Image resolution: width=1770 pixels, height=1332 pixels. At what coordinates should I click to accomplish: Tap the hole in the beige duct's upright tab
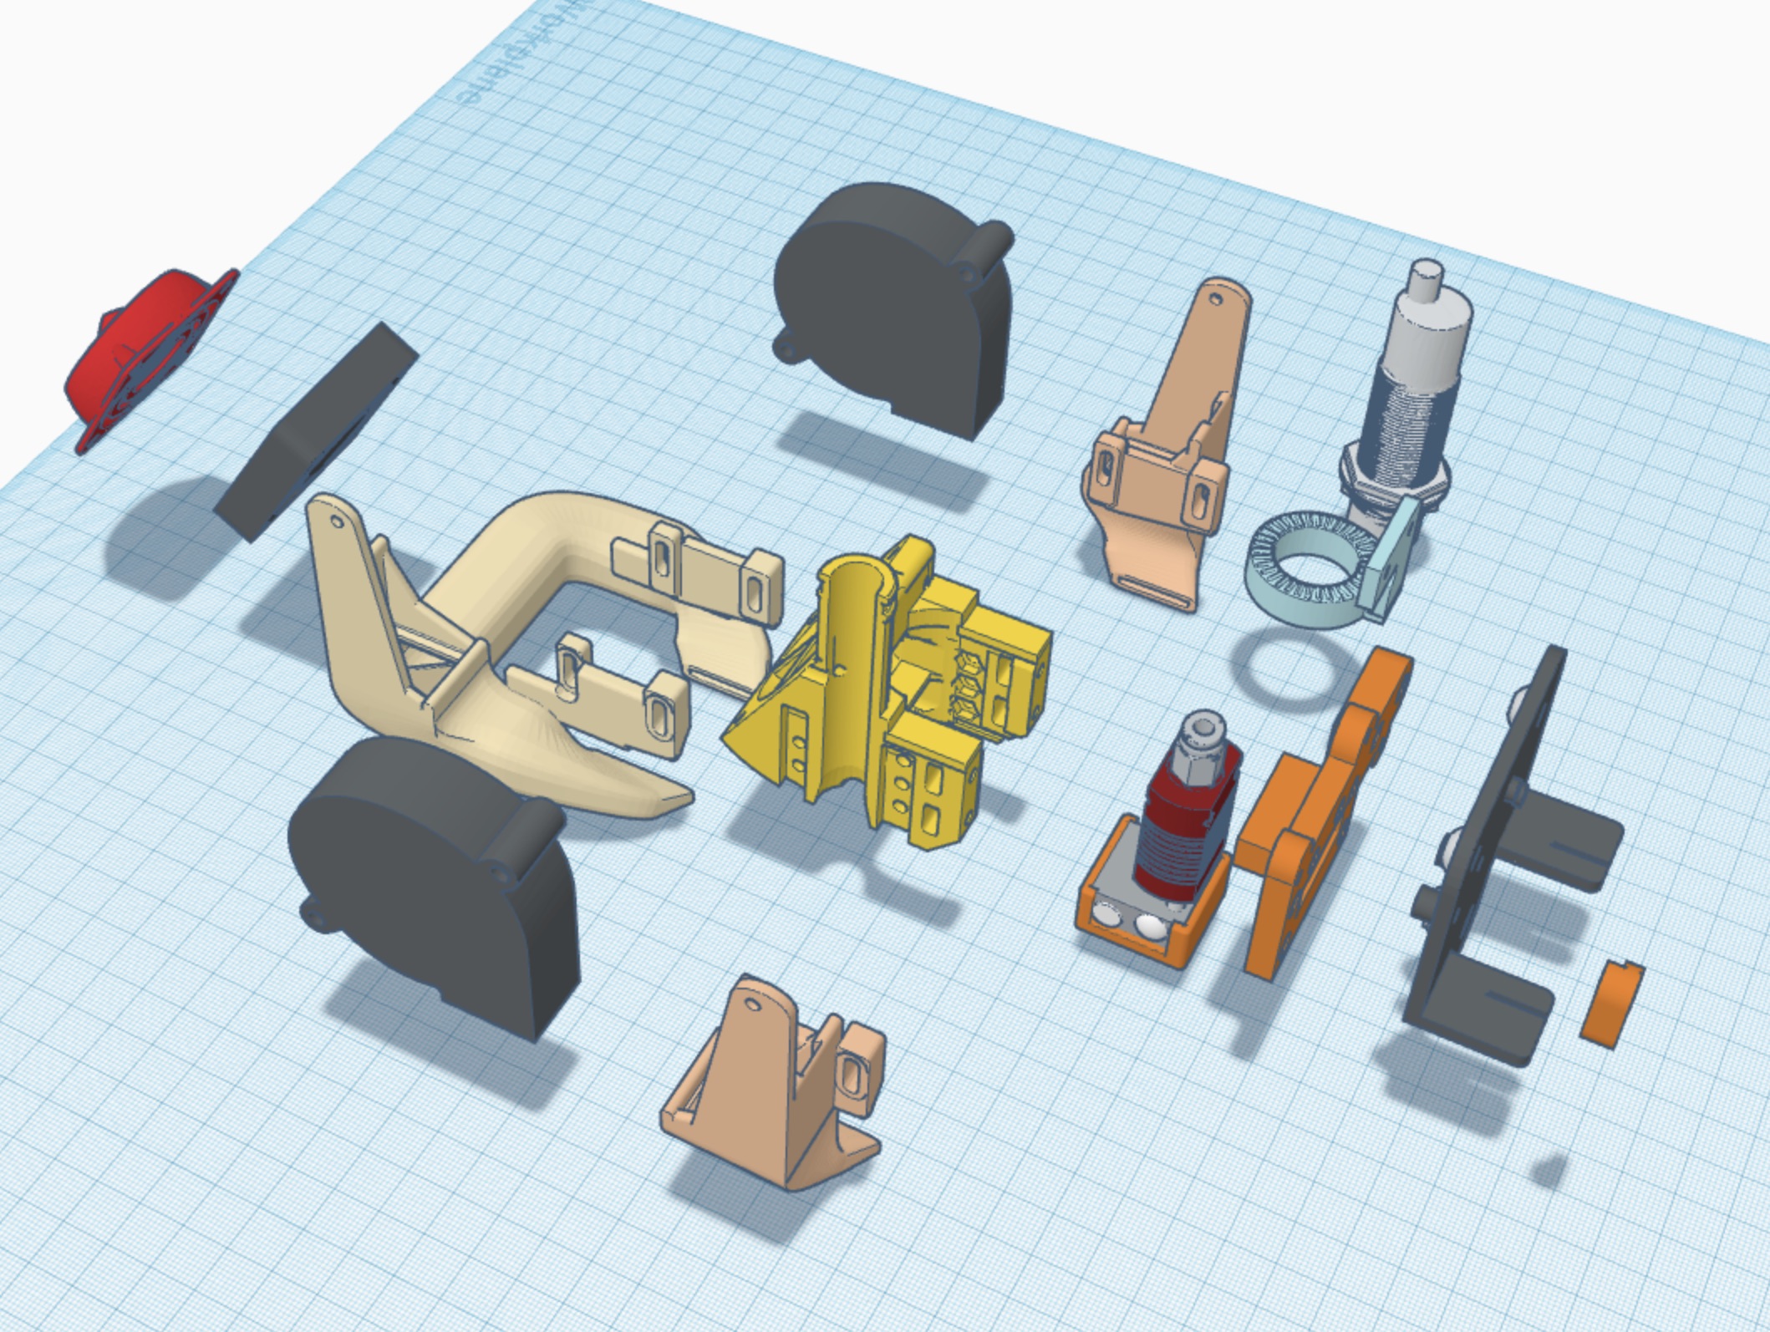338,521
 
